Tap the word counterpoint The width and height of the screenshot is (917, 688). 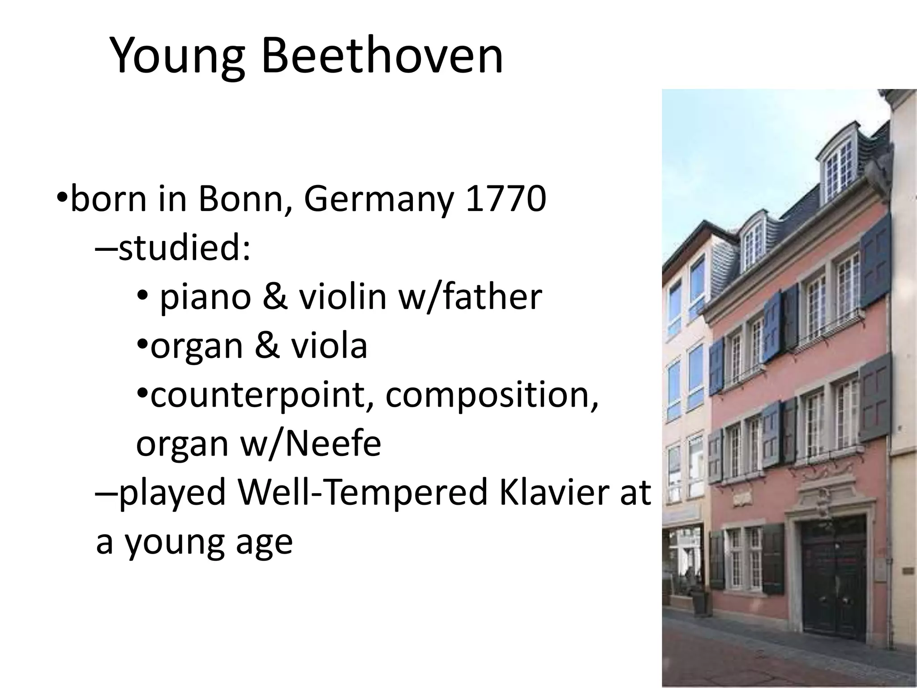coord(263,396)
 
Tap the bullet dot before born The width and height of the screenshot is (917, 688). coord(62,198)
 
